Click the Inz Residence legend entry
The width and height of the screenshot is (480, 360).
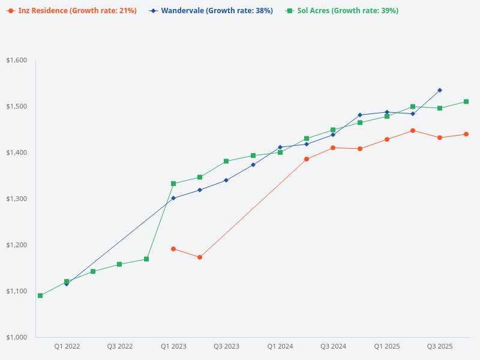72,11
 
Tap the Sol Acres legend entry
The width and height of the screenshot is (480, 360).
342,11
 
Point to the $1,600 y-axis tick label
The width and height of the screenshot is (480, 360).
17,60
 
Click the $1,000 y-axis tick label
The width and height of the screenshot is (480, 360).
17,337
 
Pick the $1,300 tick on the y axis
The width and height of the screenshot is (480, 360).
17,199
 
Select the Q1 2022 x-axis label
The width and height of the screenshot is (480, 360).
67,346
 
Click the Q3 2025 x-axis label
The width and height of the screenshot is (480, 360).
440,346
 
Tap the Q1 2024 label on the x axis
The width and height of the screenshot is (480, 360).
280,346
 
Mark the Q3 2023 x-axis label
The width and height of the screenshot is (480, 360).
226,346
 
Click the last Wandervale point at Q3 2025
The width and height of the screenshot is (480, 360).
440,90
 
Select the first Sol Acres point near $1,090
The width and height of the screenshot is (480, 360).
40,296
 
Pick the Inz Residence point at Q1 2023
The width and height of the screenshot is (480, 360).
173,249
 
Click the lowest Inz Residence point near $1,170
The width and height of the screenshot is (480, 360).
200,257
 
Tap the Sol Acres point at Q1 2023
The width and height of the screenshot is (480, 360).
173,184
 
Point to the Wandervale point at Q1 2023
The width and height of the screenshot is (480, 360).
173,198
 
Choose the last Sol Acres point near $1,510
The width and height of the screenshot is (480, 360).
466,101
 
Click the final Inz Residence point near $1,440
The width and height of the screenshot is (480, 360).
466,134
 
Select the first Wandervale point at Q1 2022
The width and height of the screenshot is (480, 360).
67,284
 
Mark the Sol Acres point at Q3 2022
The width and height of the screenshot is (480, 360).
119,264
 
